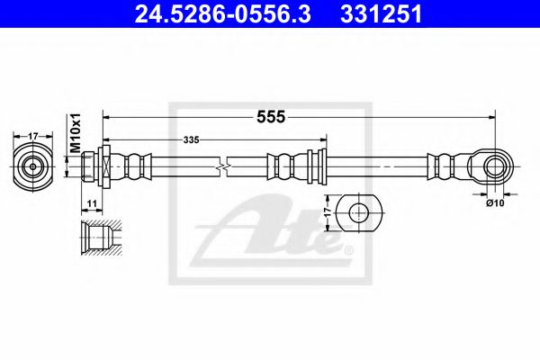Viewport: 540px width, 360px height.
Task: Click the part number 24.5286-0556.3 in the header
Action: pos(222,14)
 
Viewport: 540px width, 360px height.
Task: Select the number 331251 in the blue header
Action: pos(381,14)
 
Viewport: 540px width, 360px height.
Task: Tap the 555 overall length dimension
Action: pos(271,117)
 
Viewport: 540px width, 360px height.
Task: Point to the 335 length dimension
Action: pos(191,139)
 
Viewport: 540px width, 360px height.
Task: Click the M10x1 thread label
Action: pos(75,133)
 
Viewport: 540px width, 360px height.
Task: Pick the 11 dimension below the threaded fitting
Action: pos(92,203)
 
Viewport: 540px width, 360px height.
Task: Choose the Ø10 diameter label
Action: pos(495,202)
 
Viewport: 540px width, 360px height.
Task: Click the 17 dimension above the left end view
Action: pos(32,136)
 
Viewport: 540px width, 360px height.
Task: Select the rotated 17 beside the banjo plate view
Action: pos(328,211)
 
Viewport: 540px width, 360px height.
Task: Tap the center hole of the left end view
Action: pos(32,166)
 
